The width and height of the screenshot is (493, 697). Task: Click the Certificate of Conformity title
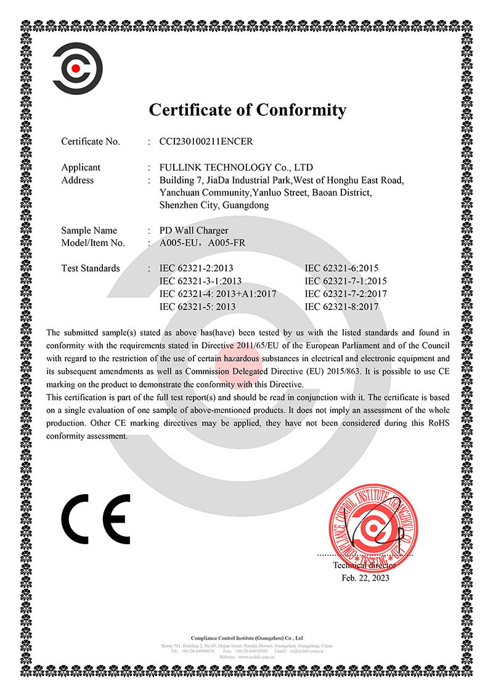(x=248, y=110)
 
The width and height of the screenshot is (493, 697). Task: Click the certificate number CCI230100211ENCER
(x=206, y=141)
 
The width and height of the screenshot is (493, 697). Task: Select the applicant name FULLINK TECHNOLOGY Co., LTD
(x=236, y=167)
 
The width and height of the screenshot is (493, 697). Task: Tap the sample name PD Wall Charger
(x=194, y=230)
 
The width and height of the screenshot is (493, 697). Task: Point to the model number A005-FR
(x=227, y=243)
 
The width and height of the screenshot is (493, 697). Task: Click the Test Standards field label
(x=91, y=268)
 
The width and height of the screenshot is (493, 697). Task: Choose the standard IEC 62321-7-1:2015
(x=346, y=281)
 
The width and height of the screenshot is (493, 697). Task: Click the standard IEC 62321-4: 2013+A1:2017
(x=218, y=294)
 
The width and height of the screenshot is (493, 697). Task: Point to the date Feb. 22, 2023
(x=365, y=578)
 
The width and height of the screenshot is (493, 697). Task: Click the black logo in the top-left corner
(x=77, y=66)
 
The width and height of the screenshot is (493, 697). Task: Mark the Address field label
(x=78, y=180)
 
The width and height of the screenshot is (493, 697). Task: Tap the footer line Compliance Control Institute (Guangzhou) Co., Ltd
(x=246, y=637)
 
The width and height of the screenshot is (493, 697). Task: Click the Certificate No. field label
(x=91, y=141)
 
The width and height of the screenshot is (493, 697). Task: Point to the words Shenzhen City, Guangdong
(x=214, y=205)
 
